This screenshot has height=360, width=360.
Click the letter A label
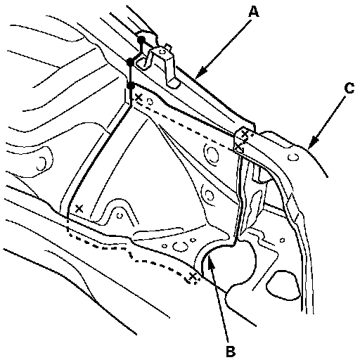[254, 12]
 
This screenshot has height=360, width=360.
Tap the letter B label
[230, 351]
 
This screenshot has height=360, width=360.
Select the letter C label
[349, 89]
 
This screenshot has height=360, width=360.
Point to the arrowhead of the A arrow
[199, 73]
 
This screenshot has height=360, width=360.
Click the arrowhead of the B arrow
[210, 261]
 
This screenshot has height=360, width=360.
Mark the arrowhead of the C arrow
[312, 143]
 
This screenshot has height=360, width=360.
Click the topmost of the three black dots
[141, 40]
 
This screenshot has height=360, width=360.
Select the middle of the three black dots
[129, 63]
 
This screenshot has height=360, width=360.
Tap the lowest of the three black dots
[131, 86]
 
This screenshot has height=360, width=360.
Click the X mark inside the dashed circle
[192, 277]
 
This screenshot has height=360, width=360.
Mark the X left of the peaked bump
[79, 208]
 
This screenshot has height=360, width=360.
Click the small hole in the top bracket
[162, 51]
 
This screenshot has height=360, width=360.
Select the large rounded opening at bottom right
[282, 285]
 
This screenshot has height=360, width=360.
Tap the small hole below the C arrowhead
[293, 157]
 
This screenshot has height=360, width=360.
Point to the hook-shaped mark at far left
[41, 163]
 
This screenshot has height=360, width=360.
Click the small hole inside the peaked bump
[120, 215]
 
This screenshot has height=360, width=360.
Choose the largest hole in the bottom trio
[181, 246]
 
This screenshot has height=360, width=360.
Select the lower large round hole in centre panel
[208, 194]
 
